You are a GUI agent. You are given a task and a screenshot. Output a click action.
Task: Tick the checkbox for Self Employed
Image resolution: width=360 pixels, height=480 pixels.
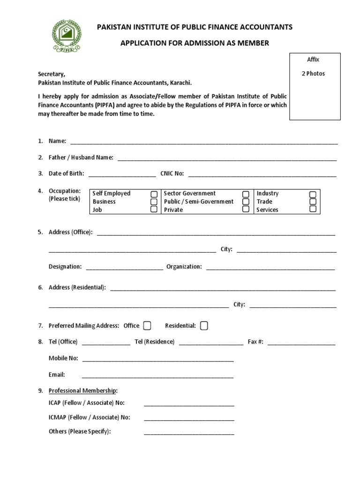[x=154, y=194]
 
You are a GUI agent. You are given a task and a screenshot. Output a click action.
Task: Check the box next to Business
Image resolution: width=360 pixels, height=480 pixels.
[x=154, y=202]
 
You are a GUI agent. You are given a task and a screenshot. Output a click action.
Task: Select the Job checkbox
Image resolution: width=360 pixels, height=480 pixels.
[x=154, y=210]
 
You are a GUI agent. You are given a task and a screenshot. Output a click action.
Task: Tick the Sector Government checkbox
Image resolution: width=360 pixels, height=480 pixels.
[x=246, y=194]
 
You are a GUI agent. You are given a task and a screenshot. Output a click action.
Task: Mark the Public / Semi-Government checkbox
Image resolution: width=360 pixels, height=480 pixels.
[x=246, y=202]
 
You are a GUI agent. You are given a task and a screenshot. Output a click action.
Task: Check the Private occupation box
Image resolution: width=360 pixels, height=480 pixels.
[x=246, y=210]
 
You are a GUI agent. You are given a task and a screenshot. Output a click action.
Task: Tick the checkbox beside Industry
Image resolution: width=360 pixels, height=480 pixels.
[x=313, y=194]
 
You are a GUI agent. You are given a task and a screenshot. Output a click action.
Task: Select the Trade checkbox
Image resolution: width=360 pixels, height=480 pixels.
[x=313, y=202]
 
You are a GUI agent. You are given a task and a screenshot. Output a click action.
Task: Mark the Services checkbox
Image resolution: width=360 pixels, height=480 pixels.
[x=313, y=210]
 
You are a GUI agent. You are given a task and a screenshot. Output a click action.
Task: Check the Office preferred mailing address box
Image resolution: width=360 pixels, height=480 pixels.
[x=147, y=325]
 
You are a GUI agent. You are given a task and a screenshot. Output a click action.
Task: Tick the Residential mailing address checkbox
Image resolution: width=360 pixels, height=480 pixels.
[x=204, y=325]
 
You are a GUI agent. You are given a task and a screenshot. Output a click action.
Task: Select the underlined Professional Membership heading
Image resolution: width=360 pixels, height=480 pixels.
[x=83, y=390]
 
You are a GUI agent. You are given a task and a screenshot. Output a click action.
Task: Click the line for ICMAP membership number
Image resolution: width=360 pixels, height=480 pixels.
[x=189, y=418]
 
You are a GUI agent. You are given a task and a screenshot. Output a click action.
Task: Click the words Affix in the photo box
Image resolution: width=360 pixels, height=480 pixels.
[x=313, y=60]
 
